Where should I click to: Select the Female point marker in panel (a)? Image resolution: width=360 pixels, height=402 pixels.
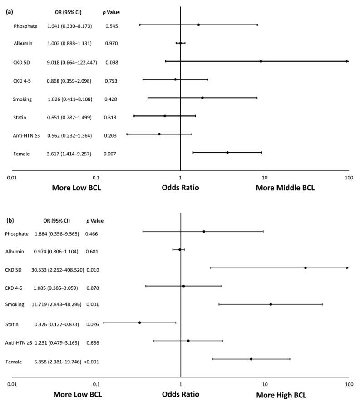(x=227, y=153)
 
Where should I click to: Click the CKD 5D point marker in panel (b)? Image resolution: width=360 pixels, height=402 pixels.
(x=306, y=268)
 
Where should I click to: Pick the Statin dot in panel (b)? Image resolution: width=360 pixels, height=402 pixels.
(x=139, y=323)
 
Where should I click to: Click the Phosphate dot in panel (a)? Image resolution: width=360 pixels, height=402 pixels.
(x=198, y=25)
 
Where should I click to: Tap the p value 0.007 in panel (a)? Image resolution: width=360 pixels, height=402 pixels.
(x=111, y=154)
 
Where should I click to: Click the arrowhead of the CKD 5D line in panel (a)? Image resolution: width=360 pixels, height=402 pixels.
(x=347, y=61)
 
